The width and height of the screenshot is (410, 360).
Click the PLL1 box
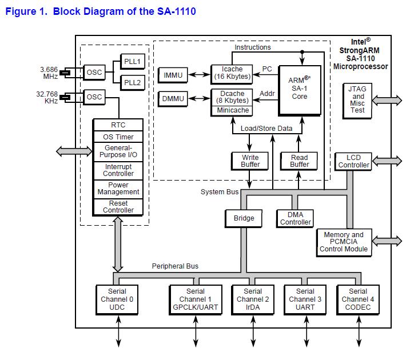point(133,62)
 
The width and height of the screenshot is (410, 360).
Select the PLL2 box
point(133,82)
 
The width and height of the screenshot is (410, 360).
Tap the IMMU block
point(173,75)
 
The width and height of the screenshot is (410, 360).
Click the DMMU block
point(173,99)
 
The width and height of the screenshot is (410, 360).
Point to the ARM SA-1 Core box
point(300,90)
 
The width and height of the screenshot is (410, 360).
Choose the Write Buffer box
point(250,161)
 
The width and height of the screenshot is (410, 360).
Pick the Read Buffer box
point(299,161)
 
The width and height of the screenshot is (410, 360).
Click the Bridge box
point(244,218)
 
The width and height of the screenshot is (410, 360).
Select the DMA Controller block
point(295,218)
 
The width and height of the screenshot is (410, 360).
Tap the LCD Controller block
point(353,162)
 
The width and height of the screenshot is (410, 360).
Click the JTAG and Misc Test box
point(357,101)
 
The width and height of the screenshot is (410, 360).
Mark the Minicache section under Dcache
point(232,110)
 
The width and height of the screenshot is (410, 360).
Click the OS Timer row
point(118,137)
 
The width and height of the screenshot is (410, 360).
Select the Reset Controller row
point(118,207)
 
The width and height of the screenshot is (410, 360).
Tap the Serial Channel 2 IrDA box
point(253,299)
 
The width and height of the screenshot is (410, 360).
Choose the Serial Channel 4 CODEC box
point(358,299)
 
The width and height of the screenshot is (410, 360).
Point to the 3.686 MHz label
point(49,73)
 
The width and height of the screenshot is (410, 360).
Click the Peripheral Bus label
point(175,266)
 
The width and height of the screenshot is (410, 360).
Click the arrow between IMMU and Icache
point(199,75)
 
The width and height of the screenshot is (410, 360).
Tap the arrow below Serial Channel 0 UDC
point(118,331)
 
